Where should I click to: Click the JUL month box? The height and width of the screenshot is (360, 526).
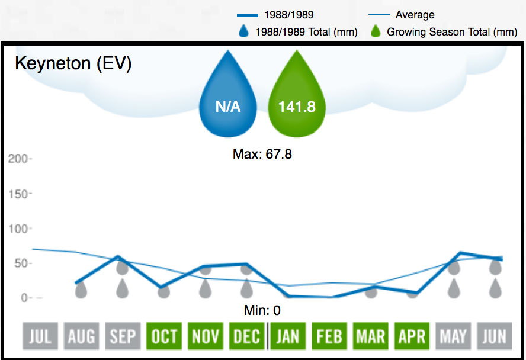point(40,336)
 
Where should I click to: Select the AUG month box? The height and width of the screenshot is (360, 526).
point(81,336)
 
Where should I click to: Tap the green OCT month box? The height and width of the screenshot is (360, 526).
point(164,336)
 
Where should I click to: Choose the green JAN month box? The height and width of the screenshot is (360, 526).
point(288,336)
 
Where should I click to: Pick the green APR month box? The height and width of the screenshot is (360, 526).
point(412,336)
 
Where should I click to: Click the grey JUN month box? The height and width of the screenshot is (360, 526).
point(495,336)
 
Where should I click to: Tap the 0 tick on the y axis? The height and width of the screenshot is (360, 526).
point(24,298)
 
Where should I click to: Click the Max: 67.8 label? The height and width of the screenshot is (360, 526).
point(262,155)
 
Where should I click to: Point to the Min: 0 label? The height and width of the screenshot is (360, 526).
point(262,310)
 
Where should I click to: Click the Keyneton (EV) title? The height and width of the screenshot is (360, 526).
point(73,64)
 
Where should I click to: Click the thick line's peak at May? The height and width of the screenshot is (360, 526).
point(454,253)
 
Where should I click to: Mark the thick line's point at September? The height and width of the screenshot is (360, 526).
point(119,257)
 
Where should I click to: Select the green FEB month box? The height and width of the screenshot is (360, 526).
point(329,336)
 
